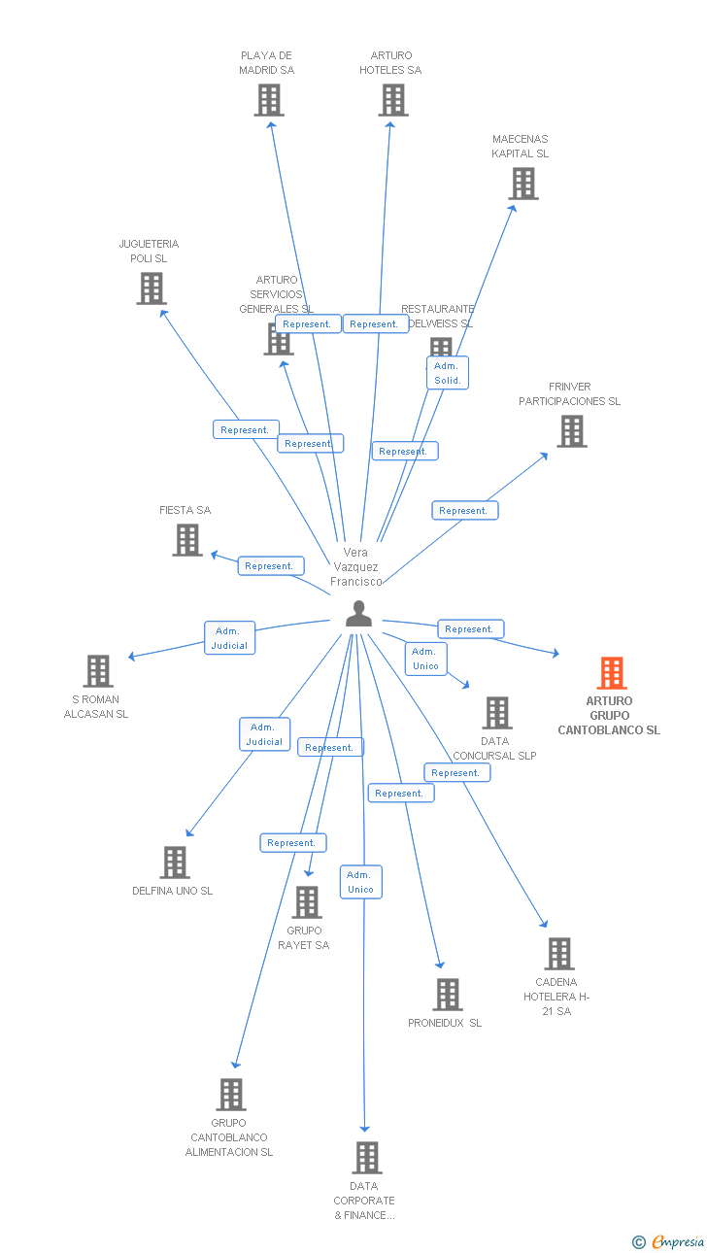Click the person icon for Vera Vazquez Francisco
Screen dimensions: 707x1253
point(358,614)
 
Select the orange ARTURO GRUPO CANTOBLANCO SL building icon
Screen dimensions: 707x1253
point(611,673)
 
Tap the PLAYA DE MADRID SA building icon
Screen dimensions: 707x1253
point(269,100)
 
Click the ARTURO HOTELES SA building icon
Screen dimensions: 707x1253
point(392,100)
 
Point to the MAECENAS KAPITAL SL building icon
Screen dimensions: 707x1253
point(522,184)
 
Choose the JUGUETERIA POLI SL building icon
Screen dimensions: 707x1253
point(151,288)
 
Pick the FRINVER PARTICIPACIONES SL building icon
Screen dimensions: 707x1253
point(571,431)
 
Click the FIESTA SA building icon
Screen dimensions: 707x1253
point(187,540)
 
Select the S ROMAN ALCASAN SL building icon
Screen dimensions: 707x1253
point(97,671)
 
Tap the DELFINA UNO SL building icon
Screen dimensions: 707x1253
point(174,863)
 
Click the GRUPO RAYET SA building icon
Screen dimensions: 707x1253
point(306,902)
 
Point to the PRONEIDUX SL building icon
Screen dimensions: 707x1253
point(447,995)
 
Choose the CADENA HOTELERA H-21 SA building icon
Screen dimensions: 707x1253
point(558,954)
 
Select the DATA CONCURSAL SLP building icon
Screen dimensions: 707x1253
point(496,713)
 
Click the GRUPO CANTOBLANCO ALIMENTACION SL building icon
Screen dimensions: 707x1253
point(230,1095)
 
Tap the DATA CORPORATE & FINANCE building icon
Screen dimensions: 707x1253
point(366,1158)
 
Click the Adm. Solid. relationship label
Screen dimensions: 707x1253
point(448,373)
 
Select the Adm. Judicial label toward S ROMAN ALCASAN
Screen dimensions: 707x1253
point(230,638)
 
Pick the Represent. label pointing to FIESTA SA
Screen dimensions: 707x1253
point(271,566)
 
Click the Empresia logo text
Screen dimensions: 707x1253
point(677,1241)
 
